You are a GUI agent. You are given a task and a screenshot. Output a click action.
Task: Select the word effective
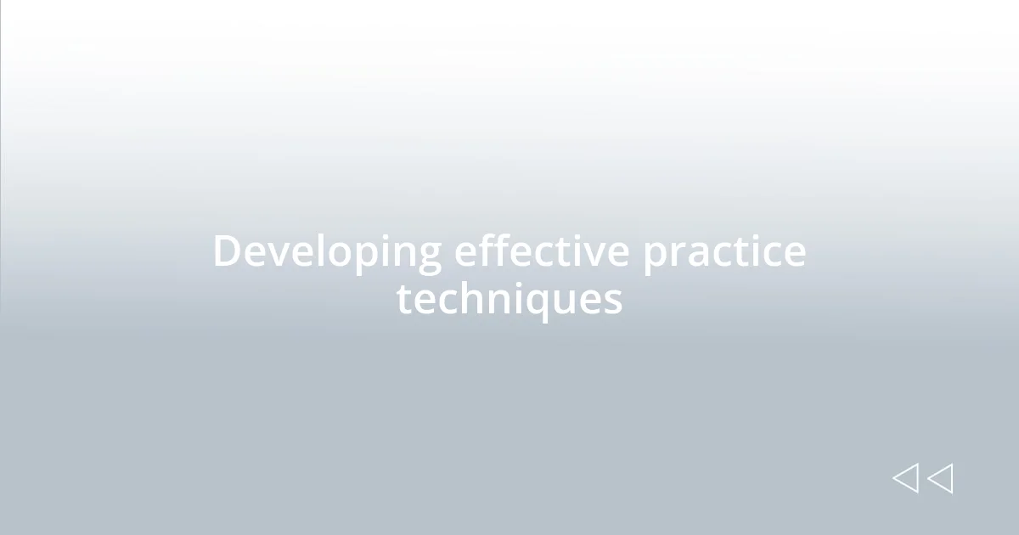(542, 251)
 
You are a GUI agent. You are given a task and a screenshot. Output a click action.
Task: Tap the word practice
(723, 252)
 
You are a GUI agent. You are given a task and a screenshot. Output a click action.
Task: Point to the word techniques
(509, 300)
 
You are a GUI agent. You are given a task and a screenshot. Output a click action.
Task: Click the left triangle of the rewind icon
(905, 478)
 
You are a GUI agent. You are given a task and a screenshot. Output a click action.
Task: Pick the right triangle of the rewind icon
(940, 478)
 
